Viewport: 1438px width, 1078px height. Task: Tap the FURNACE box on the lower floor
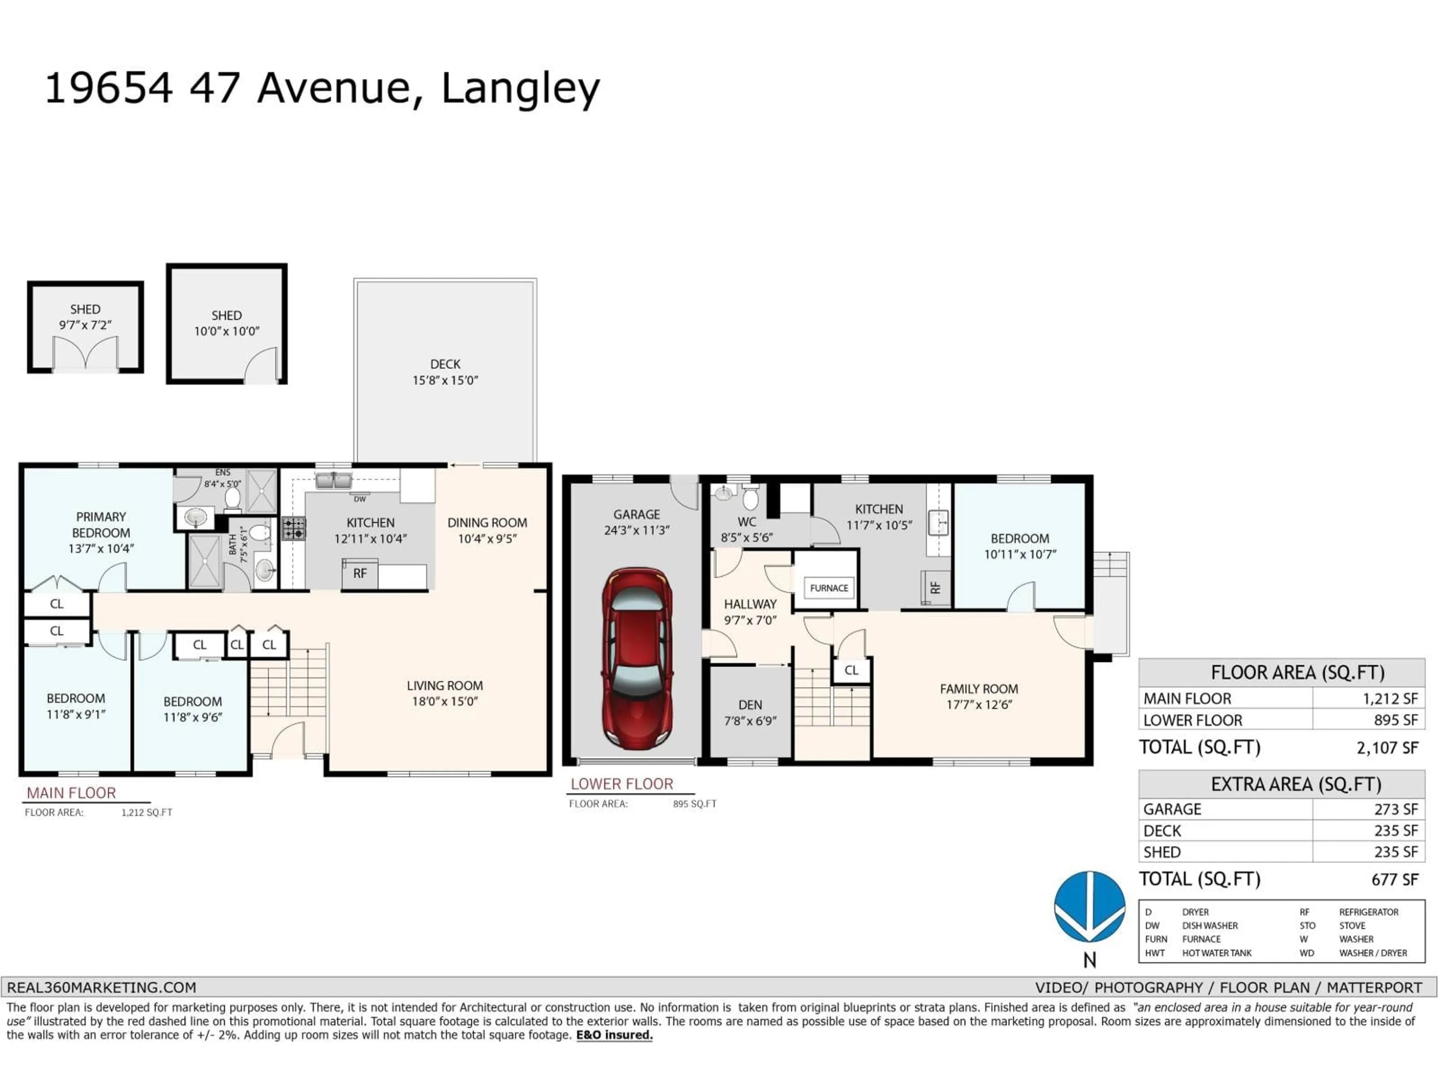click(828, 588)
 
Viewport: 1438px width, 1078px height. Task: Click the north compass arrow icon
click(1090, 907)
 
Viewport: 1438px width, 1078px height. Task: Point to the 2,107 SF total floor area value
click(1387, 748)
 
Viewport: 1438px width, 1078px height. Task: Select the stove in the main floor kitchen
click(293, 528)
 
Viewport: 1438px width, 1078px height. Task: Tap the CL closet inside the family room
click(851, 670)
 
